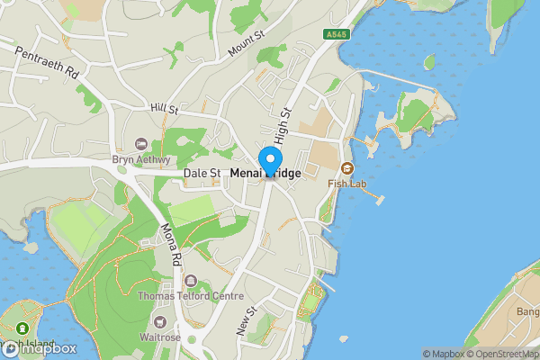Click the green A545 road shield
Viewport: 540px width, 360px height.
(336, 34)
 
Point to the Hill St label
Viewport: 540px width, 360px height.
(165, 108)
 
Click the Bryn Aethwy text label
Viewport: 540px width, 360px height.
(139, 160)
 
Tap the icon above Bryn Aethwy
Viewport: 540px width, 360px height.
(139, 145)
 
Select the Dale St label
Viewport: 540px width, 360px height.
(202, 173)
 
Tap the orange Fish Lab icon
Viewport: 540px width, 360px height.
(346, 168)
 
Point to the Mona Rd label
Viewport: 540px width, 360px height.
(171, 244)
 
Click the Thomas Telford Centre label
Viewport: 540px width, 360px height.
(190, 296)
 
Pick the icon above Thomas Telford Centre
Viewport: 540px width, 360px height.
(190, 281)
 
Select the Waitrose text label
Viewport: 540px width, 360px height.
(160, 337)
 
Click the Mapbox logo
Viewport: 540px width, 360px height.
(40, 348)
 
